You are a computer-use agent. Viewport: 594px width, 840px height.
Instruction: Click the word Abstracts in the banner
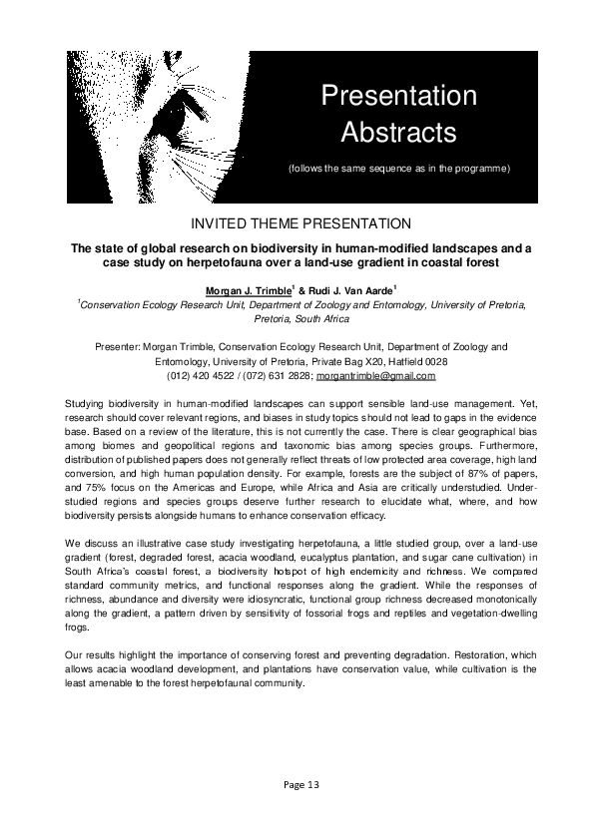click(x=398, y=131)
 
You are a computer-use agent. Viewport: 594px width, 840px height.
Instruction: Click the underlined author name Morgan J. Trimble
click(x=247, y=290)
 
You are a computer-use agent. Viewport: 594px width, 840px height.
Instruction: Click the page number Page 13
click(x=297, y=784)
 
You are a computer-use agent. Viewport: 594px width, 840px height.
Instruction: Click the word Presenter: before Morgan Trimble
click(x=117, y=346)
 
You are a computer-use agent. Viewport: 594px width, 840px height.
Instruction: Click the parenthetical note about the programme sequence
click(x=398, y=168)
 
